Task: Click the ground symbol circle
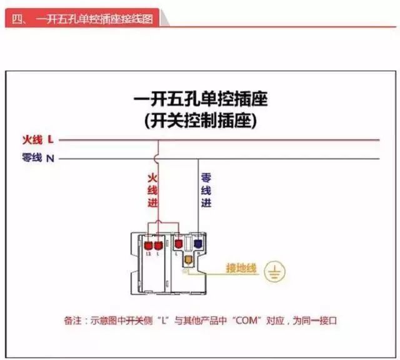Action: [x=272, y=271]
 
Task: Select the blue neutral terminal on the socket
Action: [x=197, y=243]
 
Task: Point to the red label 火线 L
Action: [x=37, y=139]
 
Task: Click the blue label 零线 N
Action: [x=37, y=158]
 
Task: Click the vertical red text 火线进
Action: [x=152, y=190]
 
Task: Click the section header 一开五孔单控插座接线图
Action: [x=94, y=19]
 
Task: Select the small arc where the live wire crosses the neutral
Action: [x=157, y=159]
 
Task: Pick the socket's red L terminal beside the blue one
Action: [x=179, y=243]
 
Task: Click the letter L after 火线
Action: [x=51, y=139]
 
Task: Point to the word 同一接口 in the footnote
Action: [x=318, y=321]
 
